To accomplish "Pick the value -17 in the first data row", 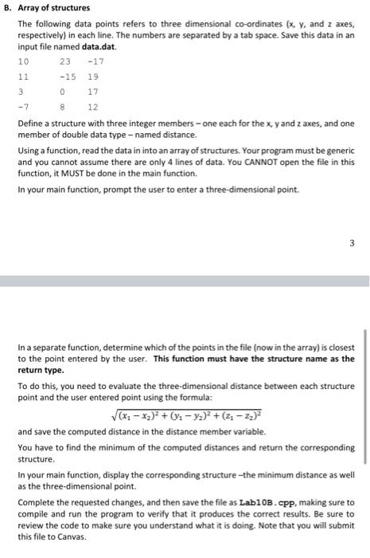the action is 96,62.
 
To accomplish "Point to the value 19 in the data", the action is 93,77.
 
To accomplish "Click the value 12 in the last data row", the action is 93,107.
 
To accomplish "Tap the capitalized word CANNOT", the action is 259,167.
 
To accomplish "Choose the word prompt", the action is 106,192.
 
